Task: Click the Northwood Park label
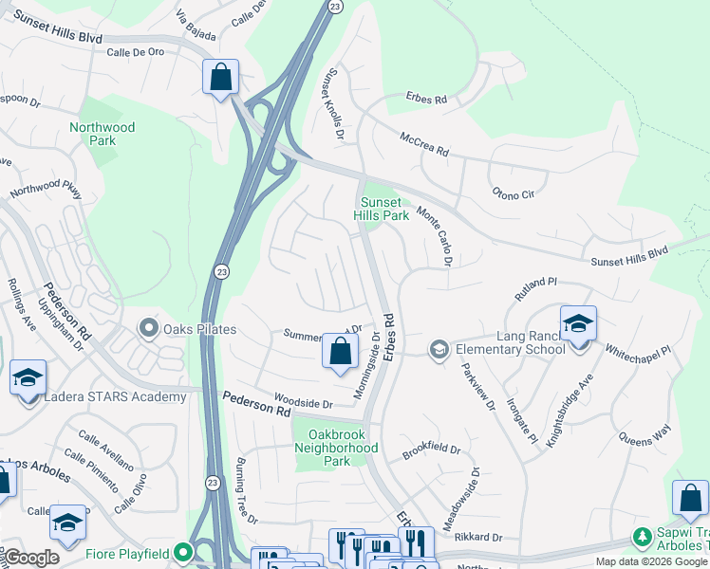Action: point(102,134)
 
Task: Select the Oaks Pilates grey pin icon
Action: point(148,329)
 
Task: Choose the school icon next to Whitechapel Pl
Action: point(578,323)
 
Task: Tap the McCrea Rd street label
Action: point(423,144)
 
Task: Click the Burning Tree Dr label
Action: point(246,493)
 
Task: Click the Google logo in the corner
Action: point(31,558)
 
